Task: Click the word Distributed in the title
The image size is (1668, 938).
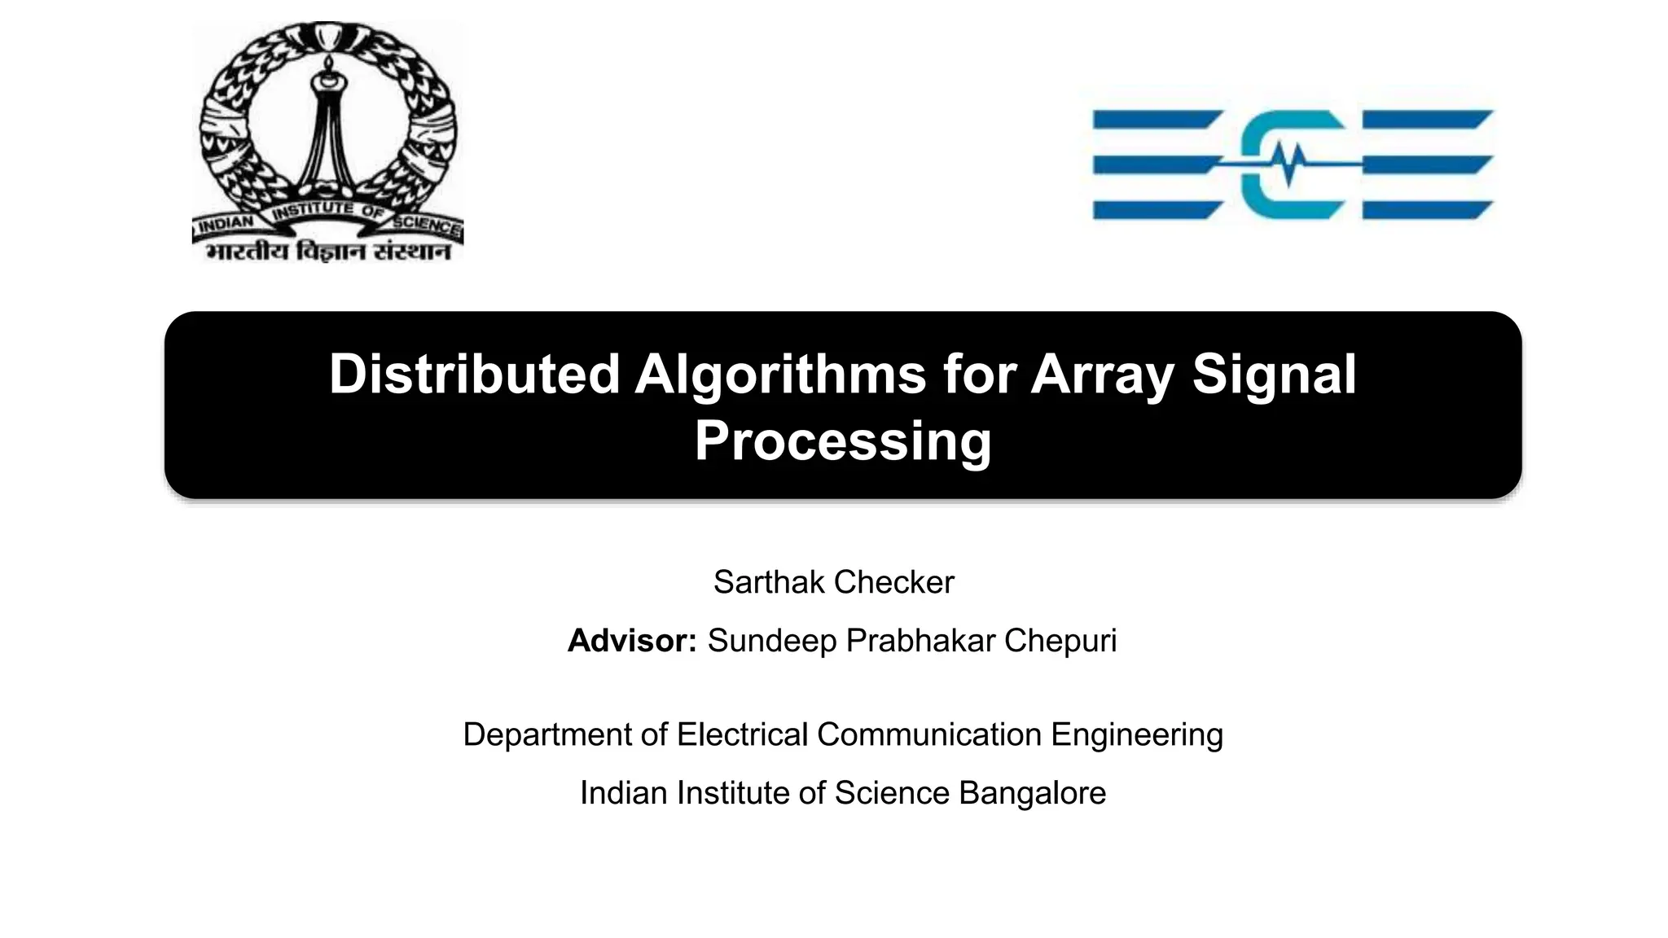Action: pos(474,375)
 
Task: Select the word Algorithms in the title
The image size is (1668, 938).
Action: pos(780,375)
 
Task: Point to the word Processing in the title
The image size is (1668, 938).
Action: pos(842,441)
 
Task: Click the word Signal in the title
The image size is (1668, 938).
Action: pos(1274,376)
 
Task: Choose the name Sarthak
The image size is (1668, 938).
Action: pos(769,582)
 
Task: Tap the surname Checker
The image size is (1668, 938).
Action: pos(893,582)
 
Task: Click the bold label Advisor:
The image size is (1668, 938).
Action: pos(632,641)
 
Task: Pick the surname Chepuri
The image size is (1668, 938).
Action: pos(1060,641)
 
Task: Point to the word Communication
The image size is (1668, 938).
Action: pos(928,734)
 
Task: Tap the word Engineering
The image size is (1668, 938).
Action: pos(1136,735)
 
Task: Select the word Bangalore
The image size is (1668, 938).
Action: pos(1032,793)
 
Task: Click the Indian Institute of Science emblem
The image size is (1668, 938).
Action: pos(328,130)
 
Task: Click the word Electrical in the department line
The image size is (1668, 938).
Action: pos(742,734)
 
